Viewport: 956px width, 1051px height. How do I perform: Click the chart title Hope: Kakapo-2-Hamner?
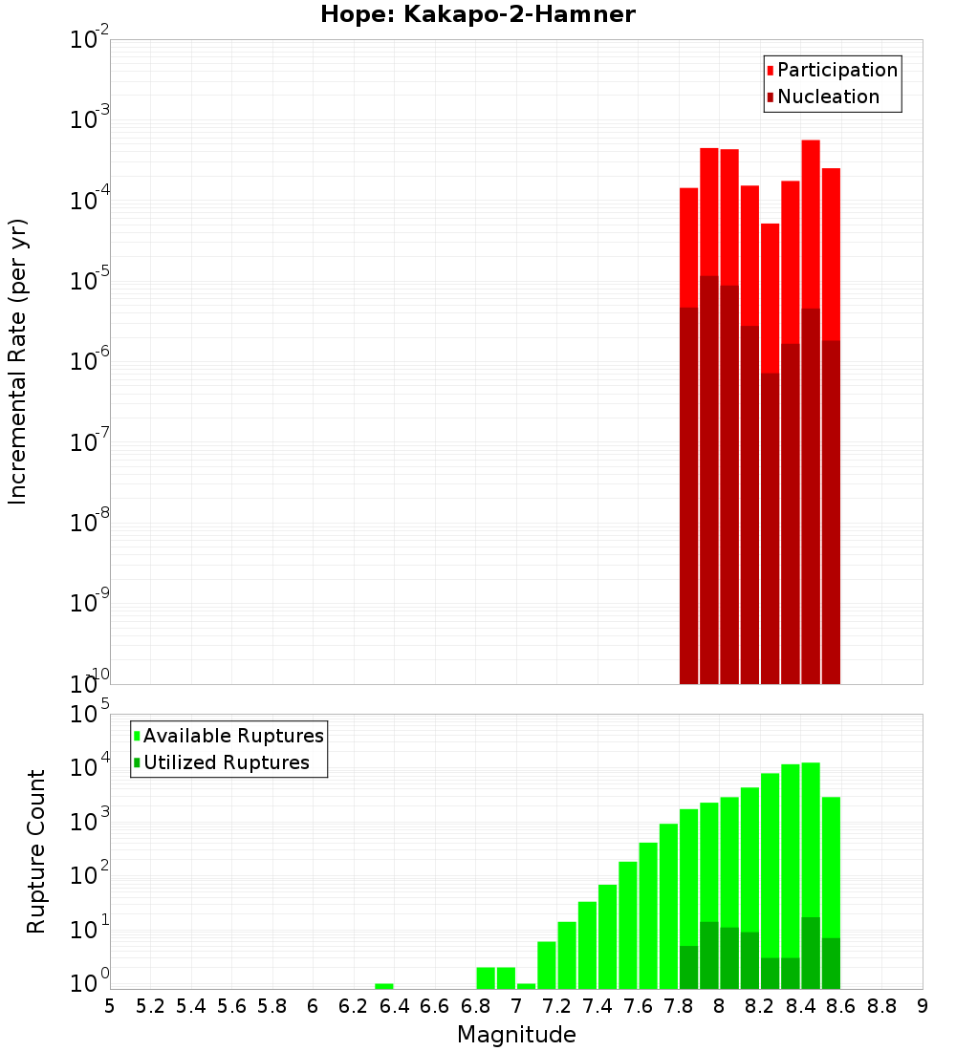point(477,14)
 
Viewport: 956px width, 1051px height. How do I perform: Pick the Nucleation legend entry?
point(828,97)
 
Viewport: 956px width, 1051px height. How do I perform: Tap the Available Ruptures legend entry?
point(233,736)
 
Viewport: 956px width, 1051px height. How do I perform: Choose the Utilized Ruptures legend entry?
point(226,762)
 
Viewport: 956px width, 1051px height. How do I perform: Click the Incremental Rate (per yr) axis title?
point(18,361)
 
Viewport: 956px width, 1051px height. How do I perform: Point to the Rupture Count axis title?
point(36,851)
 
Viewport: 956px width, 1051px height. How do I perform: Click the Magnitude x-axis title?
point(516,1035)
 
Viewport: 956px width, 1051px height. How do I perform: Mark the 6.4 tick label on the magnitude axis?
point(394,1006)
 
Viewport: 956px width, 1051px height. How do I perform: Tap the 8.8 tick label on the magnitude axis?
point(881,1006)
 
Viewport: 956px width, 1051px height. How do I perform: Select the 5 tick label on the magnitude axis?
point(110,1006)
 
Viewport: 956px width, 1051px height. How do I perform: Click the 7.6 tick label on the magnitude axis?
point(638,1006)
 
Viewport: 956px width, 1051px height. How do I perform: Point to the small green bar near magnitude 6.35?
point(383,986)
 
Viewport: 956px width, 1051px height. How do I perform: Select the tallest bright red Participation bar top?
point(811,142)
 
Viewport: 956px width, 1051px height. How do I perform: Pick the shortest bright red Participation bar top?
point(771,225)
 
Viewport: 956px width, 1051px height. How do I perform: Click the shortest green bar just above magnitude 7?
point(526,986)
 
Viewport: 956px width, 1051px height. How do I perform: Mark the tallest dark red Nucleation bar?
point(709,478)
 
